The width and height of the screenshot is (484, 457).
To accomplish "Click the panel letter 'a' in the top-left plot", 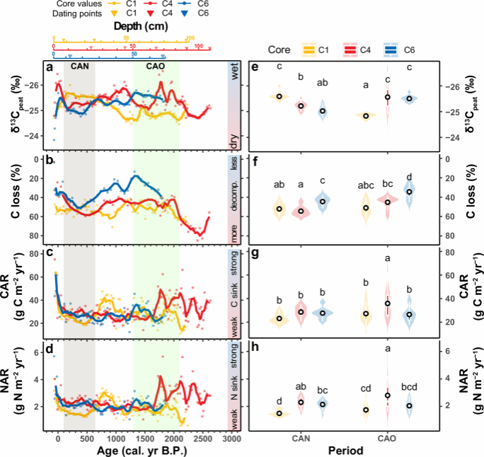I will [50, 68].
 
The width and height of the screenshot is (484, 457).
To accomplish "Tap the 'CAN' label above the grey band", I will [79, 66].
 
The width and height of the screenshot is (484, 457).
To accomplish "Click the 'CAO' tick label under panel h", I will [387, 438].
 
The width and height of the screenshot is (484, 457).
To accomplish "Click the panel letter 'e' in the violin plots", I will [253, 68].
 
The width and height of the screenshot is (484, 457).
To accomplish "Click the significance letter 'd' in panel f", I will [408, 177].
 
